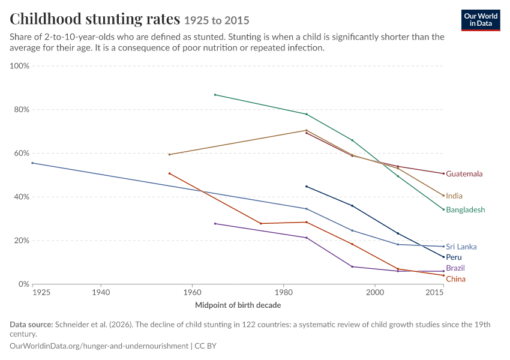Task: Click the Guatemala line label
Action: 464,173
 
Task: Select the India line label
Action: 454,196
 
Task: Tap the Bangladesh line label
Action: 466,210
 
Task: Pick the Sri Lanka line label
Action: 461,247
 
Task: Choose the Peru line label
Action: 454,257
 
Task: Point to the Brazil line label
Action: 455,268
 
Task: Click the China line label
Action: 455,279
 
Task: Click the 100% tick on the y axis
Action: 20,65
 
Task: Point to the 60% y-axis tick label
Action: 22,153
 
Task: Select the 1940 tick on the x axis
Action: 101,292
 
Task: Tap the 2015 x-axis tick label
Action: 434,292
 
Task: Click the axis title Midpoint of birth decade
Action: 238,305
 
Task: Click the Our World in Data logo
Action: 481,20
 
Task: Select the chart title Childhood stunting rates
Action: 95,19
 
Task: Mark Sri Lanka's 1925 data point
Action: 32,163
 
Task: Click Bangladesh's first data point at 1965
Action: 215,95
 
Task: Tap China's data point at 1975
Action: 261,223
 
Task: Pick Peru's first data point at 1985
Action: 307,187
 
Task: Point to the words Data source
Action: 31,325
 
